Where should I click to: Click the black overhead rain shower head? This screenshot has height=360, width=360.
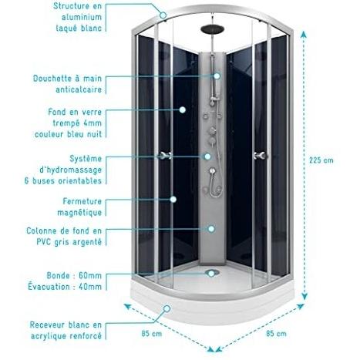(x=212, y=29)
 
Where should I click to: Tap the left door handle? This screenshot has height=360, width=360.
(x=165, y=155)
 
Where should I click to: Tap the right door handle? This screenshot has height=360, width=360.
(x=260, y=155)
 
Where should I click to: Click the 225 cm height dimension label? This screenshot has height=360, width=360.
(x=321, y=160)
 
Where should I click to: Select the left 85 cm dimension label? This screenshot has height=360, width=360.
(x=152, y=334)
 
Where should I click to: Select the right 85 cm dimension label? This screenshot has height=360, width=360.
(x=276, y=334)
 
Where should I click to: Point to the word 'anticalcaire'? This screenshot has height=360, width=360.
(x=79, y=89)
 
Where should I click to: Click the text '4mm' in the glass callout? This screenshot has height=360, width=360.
(x=93, y=123)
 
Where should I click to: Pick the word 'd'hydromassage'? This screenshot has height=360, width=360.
(x=71, y=170)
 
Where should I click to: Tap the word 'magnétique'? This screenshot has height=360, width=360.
(x=79, y=213)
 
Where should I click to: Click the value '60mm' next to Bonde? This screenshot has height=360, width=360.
(x=90, y=276)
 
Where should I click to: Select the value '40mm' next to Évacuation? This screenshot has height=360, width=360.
(x=90, y=287)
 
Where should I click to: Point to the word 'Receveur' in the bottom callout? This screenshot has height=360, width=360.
(x=45, y=325)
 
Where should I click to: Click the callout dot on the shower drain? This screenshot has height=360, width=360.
(x=211, y=274)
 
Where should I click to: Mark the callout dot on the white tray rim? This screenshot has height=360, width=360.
(x=167, y=308)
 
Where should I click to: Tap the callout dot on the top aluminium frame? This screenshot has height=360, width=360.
(x=163, y=15)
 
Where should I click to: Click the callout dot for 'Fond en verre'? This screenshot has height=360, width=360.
(x=183, y=109)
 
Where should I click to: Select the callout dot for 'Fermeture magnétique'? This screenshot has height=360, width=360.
(x=173, y=199)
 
